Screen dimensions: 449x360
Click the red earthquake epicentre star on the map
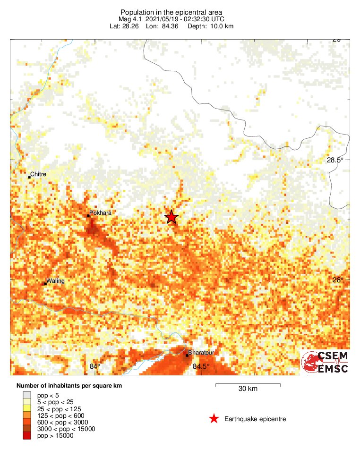171,217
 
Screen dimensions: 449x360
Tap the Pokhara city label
101,213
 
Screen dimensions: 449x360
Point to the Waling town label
55,281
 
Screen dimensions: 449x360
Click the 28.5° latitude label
336,160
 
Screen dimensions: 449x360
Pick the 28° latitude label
338,280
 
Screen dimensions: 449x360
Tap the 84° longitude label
95,366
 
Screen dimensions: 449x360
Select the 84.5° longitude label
201,366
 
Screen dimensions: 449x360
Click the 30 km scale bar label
248,389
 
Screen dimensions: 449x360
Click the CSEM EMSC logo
326,363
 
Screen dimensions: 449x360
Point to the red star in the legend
214,419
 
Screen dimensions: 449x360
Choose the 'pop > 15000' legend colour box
27,436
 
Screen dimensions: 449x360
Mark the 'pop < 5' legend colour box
27,395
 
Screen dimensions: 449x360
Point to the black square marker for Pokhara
88,216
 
